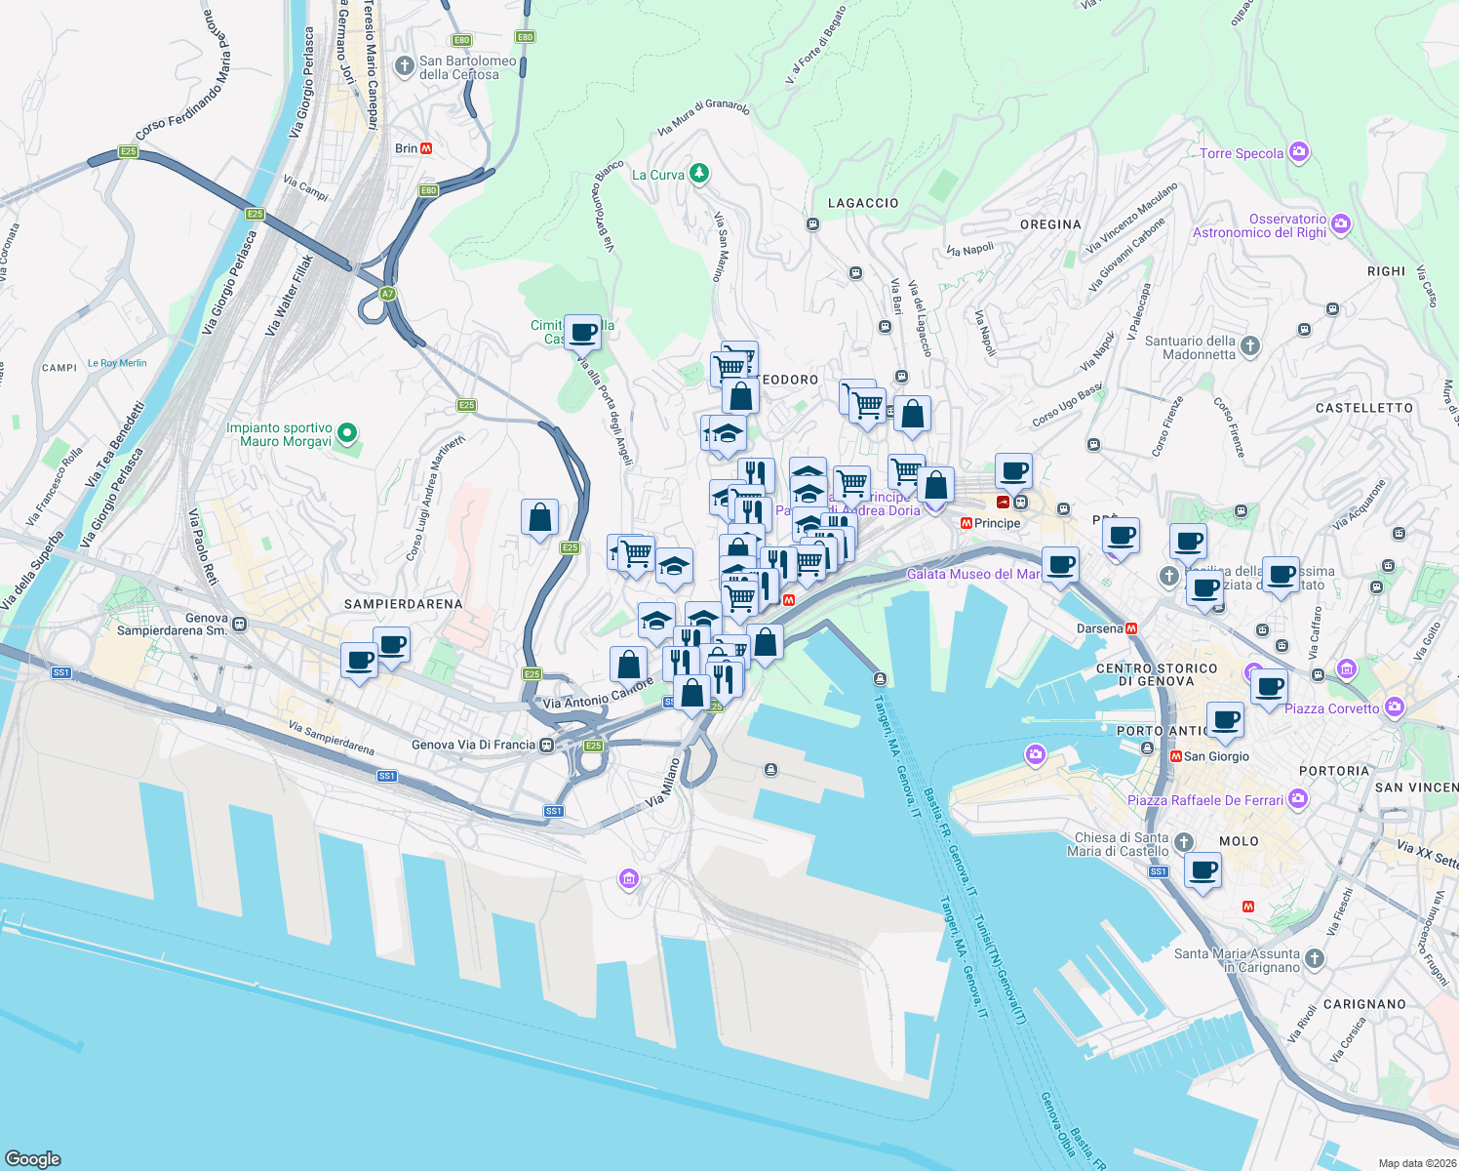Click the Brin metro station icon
[x=426, y=148]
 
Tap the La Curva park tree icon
[x=698, y=174]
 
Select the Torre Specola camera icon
[x=1298, y=152]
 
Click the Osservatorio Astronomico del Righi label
[x=1259, y=225]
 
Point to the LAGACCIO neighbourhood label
[x=863, y=203]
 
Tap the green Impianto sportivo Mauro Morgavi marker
[x=346, y=433]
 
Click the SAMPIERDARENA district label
[x=403, y=604]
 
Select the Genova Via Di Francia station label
[x=473, y=745]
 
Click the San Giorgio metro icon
[x=1175, y=756]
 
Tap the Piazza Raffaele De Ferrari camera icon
[x=1297, y=799]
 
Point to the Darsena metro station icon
[x=1131, y=628]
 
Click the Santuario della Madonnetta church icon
[x=1250, y=345]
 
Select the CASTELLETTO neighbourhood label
[x=1363, y=408]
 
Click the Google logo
[x=33, y=1159]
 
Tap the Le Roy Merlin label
[x=117, y=363]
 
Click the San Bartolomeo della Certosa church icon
[x=404, y=66]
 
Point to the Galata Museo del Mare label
[x=973, y=574]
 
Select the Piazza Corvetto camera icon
[x=1395, y=707]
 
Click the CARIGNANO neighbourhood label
[x=1364, y=1004]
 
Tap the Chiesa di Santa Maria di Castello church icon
[x=1184, y=842]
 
